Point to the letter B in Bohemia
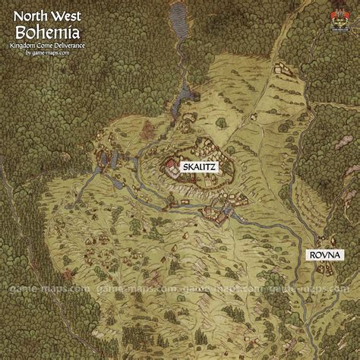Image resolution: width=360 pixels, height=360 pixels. point(23,31)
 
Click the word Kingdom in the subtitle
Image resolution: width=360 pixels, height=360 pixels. point(28,46)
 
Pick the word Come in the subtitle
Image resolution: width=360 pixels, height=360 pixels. point(52,46)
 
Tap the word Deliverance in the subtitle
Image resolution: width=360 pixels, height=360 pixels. point(78,46)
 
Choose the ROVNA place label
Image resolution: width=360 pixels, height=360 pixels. point(325,255)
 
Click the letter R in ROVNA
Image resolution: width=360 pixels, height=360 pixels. point(312,255)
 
